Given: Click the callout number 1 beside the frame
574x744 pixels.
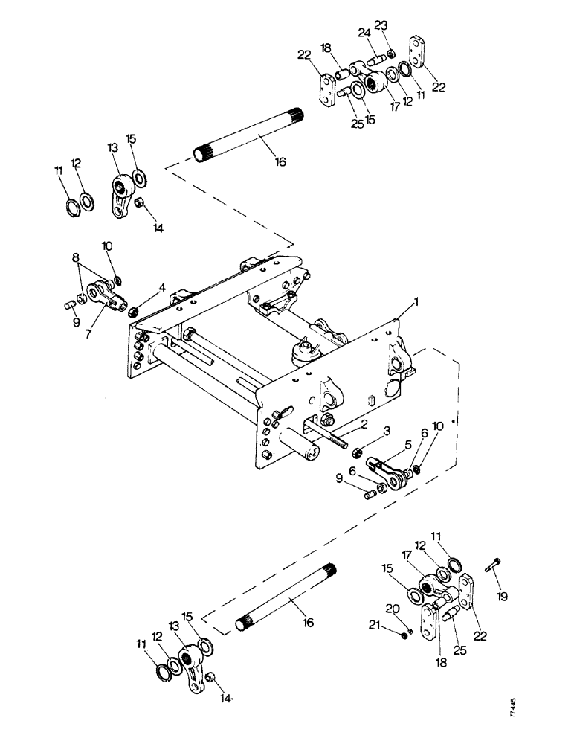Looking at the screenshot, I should pyautogui.click(x=418, y=304).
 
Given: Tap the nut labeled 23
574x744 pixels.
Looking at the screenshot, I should pyautogui.click(x=391, y=52).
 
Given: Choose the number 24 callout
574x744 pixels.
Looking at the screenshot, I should pyautogui.click(x=365, y=33).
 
